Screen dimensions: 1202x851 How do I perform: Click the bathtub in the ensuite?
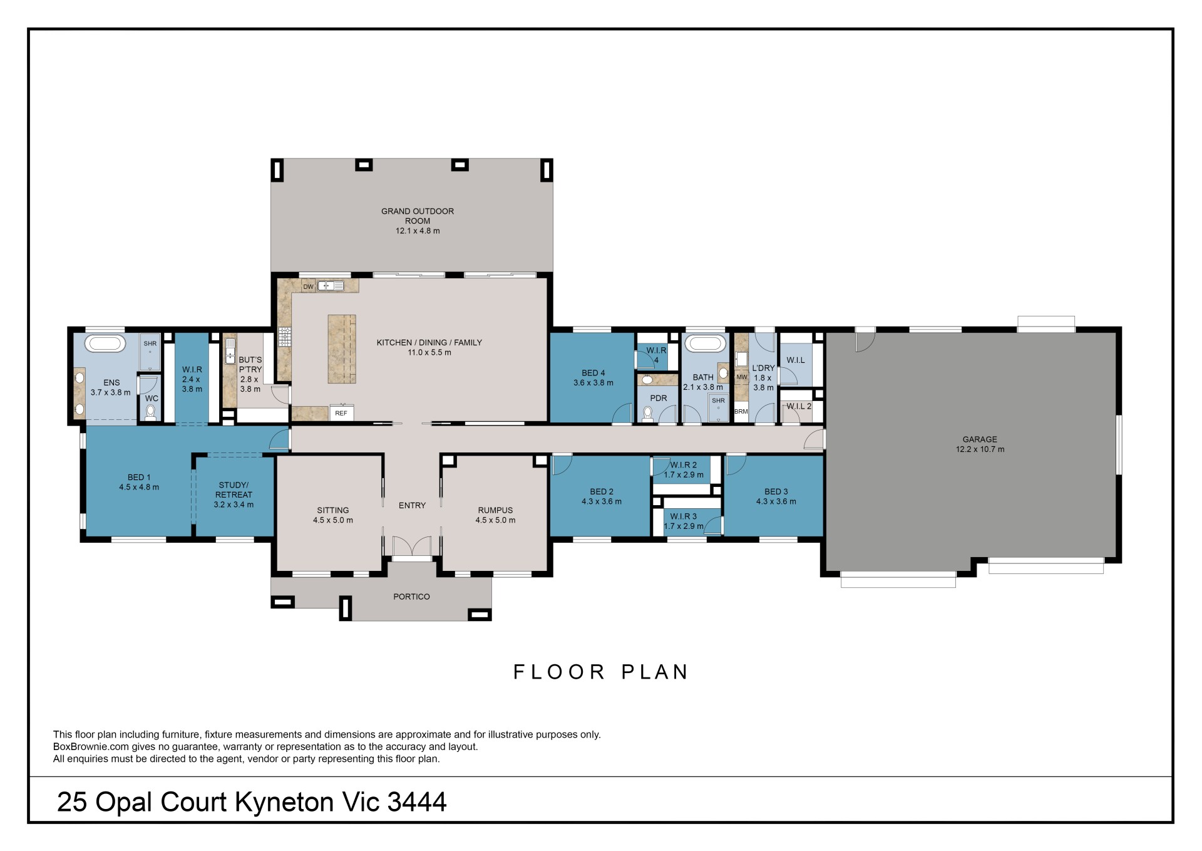pyautogui.click(x=105, y=343)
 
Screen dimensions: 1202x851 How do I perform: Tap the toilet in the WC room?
pyautogui.click(x=150, y=411)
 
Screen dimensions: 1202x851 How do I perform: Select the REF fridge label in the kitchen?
pyautogui.click(x=341, y=413)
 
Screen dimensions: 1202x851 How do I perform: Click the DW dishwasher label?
pyautogui.click(x=308, y=287)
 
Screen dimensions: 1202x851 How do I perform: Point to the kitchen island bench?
pyautogui.click(x=342, y=349)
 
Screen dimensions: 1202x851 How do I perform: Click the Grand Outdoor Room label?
pyautogui.click(x=418, y=216)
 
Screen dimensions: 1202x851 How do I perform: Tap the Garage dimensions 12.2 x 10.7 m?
pyautogui.click(x=980, y=449)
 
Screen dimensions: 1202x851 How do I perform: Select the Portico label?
pyautogui.click(x=411, y=597)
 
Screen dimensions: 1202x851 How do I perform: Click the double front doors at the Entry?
pyautogui.click(x=412, y=546)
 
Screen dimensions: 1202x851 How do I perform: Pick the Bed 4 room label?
pyautogui.click(x=593, y=373)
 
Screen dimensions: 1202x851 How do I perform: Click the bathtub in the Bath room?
pyautogui.click(x=705, y=343)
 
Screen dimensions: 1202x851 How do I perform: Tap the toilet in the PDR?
pyautogui.click(x=647, y=414)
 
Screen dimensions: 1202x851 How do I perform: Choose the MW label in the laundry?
pyautogui.click(x=742, y=377)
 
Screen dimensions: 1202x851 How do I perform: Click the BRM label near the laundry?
pyautogui.click(x=741, y=412)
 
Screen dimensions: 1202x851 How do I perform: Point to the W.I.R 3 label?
pyautogui.click(x=683, y=516)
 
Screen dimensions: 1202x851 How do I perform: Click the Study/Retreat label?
pyautogui.click(x=234, y=490)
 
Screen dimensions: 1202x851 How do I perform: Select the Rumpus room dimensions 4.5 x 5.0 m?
pyautogui.click(x=495, y=520)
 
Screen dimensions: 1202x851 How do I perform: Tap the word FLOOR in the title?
pyautogui.click(x=559, y=672)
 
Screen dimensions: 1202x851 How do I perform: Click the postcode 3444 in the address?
pyautogui.click(x=417, y=802)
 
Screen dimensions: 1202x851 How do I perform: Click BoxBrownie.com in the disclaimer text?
pyautogui.click(x=91, y=747)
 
